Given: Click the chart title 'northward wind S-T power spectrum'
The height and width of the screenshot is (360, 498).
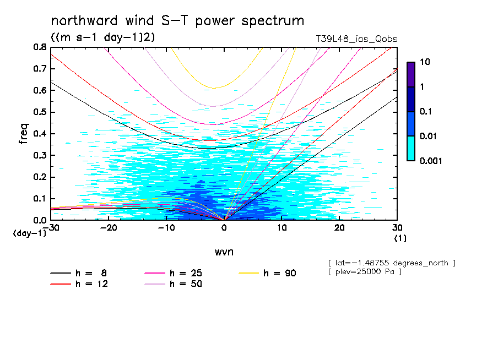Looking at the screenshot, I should tap(177, 21).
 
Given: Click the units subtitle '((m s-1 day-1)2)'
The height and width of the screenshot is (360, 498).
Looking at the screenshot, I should tap(95, 38).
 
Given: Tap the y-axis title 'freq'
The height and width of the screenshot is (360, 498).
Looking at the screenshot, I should tap(24, 133).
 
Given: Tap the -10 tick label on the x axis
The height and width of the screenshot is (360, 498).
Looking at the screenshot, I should tap(165, 228).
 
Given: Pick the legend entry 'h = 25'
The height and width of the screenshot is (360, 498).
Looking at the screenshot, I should tap(184, 273).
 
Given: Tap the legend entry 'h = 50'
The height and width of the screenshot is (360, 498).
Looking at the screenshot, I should tap(184, 284).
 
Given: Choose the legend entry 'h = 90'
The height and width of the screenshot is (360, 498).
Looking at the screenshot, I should tap(279, 273).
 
